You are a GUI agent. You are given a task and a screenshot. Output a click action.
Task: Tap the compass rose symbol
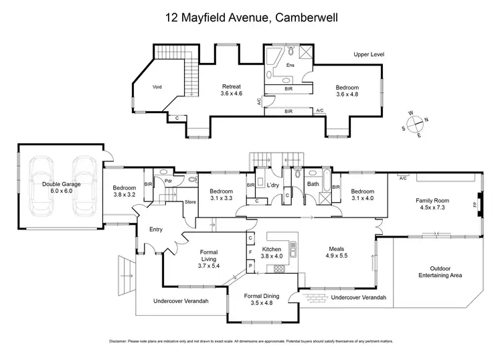(x=416, y=123)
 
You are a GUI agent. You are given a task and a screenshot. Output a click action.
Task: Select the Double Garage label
(x=60, y=187)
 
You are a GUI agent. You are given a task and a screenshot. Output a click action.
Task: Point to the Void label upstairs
(x=158, y=87)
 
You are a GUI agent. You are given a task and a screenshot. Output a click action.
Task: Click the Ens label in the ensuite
(x=290, y=65)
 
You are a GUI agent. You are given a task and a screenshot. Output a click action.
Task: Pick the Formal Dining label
(x=258, y=299)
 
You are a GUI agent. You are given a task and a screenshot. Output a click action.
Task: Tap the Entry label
(x=156, y=230)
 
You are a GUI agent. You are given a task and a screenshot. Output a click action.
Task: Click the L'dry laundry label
(x=272, y=185)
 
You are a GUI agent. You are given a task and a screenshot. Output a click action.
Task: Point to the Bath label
(x=313, y=183)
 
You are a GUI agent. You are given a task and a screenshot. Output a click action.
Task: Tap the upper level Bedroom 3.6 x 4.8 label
(x=347, y=91)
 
